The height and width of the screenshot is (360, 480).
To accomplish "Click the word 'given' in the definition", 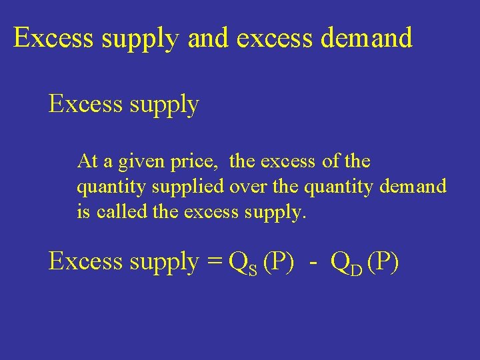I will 154,162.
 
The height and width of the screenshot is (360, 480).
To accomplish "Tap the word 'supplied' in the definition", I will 195,187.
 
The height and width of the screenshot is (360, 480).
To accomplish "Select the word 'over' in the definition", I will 249,187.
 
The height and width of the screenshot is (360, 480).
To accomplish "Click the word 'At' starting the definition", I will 87,161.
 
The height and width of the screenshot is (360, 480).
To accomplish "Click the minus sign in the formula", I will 313,263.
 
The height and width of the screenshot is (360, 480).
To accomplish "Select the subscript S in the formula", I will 253,268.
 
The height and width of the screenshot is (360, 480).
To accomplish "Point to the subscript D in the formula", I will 356,268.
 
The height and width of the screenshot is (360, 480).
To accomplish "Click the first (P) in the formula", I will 279,261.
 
